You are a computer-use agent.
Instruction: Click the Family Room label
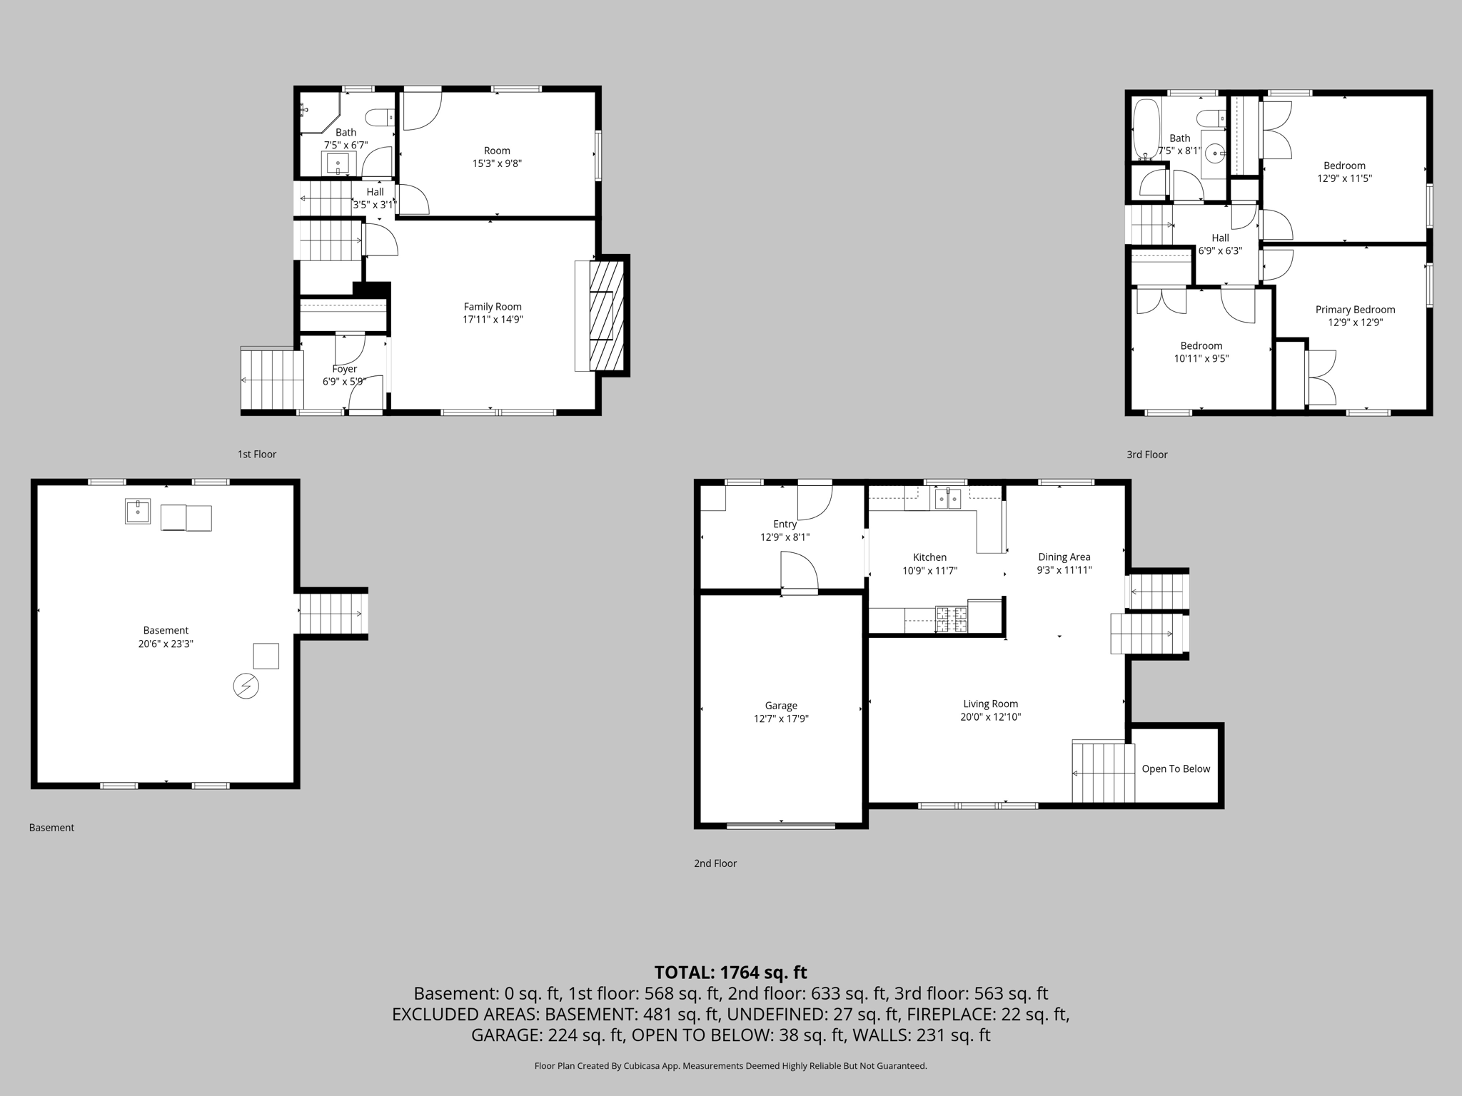(493, 307)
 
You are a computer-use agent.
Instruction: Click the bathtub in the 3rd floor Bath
(1146, 128)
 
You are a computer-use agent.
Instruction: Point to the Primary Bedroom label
(1355, 310)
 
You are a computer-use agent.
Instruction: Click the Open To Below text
(1176, 768)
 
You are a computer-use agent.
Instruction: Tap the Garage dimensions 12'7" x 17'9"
(781, 719)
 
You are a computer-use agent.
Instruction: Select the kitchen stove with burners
(951, 619)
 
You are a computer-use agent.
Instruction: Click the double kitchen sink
(948, 498)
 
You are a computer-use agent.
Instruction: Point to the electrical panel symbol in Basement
(246, 686)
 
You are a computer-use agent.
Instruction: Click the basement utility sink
(138, 511)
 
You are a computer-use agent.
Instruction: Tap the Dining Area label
(1064, 557)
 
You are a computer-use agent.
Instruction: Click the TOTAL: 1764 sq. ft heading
(730, 973)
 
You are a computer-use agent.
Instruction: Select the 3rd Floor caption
(1146, 455)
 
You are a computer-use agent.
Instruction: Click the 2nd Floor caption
(715, 863)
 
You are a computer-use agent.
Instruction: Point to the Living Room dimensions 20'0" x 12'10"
(990, 716)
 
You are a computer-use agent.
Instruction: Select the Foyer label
(345, 369)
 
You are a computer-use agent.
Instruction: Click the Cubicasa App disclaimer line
(730, 1066)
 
